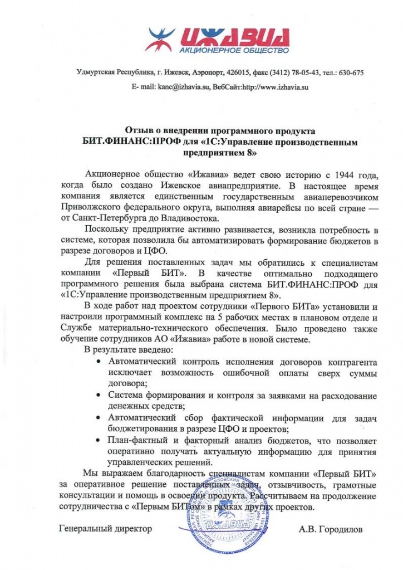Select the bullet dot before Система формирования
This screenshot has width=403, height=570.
click(99, 396)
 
